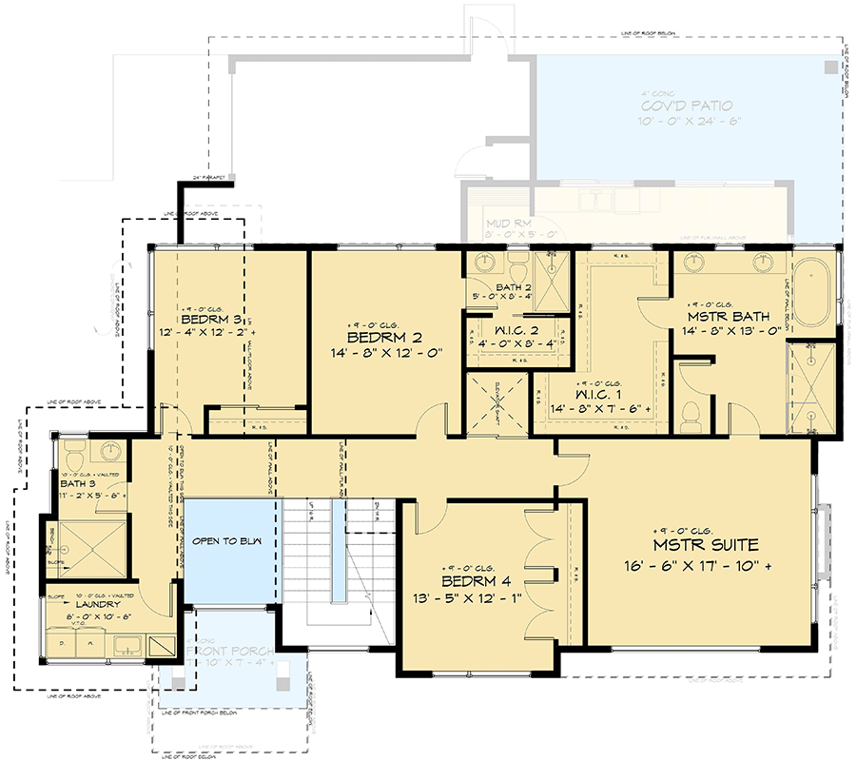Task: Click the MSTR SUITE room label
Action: (705, 545)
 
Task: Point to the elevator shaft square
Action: (495, 403)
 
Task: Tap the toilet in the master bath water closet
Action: (691, 414)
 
